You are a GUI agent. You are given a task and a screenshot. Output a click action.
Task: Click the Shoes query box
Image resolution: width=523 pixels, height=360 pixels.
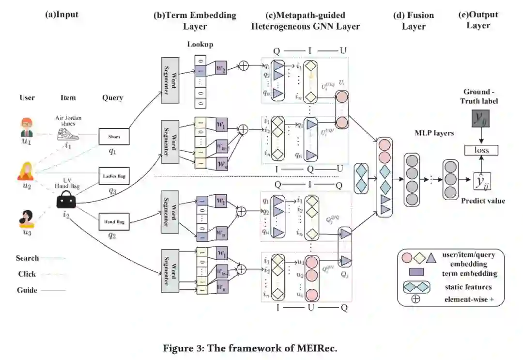pos(114,137)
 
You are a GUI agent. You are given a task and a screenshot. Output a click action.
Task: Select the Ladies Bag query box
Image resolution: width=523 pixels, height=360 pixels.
pos(114,176)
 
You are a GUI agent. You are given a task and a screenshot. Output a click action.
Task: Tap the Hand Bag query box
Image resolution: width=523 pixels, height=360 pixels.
pos(114,222)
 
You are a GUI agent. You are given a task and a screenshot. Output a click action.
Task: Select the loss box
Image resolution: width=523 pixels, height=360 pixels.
pos(482,150)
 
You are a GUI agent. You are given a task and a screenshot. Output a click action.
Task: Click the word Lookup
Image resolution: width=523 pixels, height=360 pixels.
pos(200,45)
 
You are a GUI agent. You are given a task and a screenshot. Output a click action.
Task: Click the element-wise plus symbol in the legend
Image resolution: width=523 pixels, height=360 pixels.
pos(415,299)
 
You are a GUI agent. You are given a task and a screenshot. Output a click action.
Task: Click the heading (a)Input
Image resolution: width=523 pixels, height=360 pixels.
pos(62,15)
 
